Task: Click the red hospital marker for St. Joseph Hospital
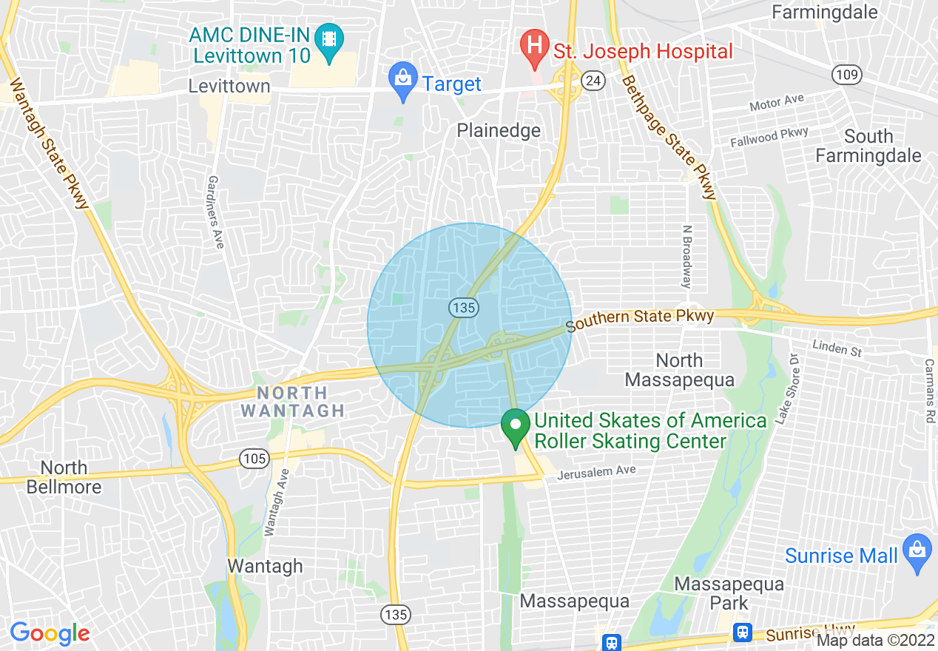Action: [533, 48]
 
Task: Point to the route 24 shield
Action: [592, 81]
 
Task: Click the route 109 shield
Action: [846, 74]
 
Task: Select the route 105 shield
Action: [254, 459]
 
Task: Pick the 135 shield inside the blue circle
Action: [464, 308]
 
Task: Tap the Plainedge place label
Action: [499, 131]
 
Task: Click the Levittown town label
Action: [229, 87]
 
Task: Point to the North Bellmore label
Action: [64, 477]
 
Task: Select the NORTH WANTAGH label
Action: [293, 402]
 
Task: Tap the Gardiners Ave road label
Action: [215, 212]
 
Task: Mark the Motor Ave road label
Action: [776, 103]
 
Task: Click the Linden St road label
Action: [837, 347]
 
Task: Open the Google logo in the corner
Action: [50, 633]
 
